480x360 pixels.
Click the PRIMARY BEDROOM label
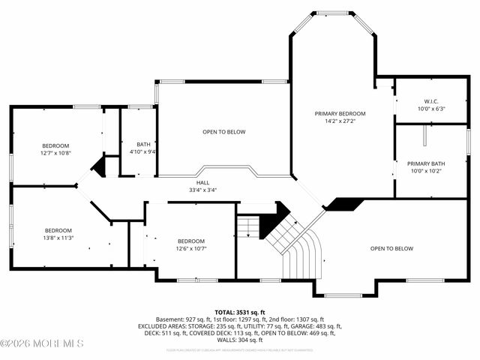[340, 112]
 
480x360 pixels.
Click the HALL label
[202, 182]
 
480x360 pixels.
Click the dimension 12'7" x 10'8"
[55, 152]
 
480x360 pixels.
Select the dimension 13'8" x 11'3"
[58, 238]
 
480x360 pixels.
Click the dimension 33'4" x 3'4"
[202, 190]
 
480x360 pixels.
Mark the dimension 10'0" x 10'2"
[427, 170]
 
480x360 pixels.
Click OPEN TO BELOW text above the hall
[223, 132]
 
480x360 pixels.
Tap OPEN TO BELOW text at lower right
[391, 248]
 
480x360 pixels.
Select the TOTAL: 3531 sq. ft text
[240, 312]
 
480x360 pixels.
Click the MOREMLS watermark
[43, 343]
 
